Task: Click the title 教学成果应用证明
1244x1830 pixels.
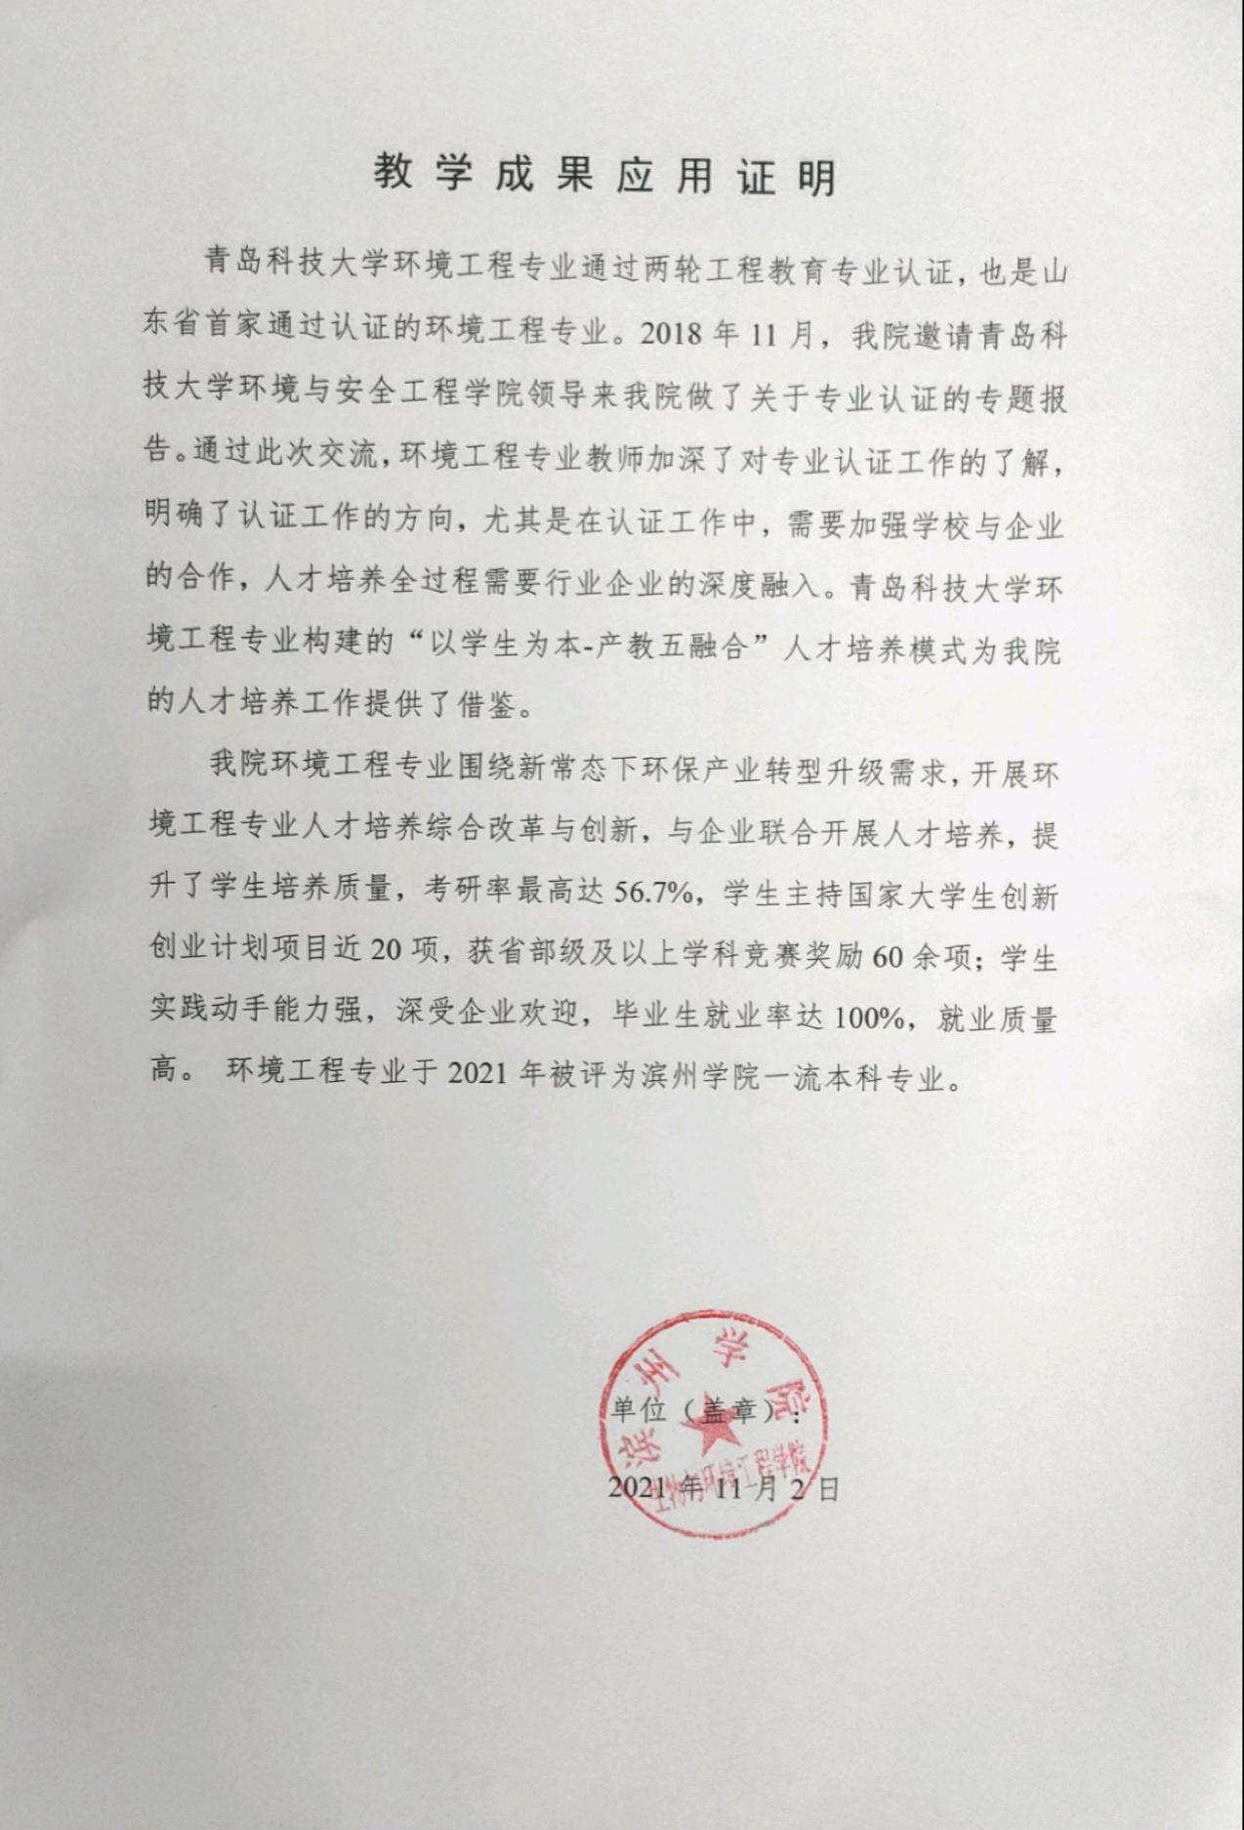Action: (x=604, y=176)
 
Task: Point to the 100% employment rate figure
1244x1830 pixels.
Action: (x=869, y=1019)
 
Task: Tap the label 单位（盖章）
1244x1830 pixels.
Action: (x=698, y=1410)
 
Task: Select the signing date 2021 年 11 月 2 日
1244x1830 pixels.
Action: (x=723, y=1489)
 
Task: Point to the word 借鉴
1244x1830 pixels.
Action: (x=486, y=705)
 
